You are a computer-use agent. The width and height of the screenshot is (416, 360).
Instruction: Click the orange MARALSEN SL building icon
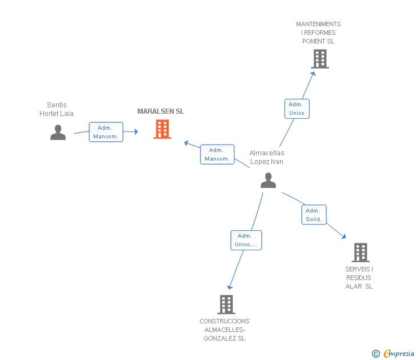tap(162, 129)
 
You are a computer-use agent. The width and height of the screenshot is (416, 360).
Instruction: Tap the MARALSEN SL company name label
tap(161, 111)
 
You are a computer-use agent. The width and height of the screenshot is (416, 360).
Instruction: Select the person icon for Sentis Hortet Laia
tap(58, 132)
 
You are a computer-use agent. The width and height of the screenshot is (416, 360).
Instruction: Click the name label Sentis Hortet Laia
tap(57, 109)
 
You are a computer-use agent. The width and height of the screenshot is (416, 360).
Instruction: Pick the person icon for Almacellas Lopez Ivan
tap(268, 181)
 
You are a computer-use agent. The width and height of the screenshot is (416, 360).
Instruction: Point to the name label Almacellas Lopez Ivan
tap(267, 157)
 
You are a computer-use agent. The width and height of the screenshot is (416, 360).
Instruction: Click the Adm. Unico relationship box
tap(297, 109)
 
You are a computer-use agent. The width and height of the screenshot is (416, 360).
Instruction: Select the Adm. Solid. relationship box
tap(314, 215)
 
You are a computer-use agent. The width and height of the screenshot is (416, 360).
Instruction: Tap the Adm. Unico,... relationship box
tap(246, 240)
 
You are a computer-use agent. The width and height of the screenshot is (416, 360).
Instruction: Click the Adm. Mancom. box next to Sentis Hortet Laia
tap(106, 132)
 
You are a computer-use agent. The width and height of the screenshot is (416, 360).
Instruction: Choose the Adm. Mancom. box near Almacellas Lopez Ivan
tap(217, 154)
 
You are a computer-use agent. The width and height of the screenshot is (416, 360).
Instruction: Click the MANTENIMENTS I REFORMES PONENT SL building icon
tap(320, 59)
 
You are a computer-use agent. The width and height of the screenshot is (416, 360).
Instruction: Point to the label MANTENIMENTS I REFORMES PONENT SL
tap(318, 33)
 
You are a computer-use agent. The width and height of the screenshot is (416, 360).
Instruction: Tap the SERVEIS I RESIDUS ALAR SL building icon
tap(360, 252)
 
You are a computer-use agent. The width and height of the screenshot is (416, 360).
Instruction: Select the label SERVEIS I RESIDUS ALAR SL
tap(359, 278)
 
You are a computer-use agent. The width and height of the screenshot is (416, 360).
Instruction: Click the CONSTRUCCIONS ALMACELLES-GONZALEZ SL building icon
tap(226, 304)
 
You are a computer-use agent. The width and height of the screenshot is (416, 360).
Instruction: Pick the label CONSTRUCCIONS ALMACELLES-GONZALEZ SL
tap(225, 330)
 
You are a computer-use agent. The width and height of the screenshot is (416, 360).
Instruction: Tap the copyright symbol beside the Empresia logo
tap(376, 354)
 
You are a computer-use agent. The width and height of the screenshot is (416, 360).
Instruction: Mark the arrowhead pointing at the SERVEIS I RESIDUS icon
tap(343, 236)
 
